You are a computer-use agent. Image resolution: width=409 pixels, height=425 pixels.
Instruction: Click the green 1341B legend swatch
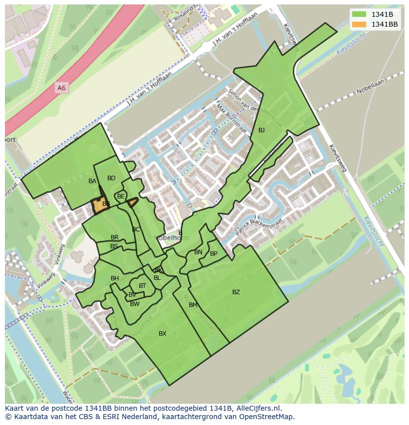359,14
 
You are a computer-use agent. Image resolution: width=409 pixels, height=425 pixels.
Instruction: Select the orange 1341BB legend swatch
359,24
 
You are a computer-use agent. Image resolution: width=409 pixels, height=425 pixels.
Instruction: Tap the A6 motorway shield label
61,88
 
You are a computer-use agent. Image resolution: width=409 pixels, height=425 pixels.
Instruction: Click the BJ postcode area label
261,130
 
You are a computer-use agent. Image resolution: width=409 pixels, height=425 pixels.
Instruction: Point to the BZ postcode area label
236,292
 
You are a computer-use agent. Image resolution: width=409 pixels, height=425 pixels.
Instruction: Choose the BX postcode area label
163,334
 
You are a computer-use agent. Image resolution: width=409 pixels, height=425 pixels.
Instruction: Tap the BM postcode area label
193,305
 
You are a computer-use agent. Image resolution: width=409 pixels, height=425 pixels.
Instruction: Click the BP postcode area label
213,254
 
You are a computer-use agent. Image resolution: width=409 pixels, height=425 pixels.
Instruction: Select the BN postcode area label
198,252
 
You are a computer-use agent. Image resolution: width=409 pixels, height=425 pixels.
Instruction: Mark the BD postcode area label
111,178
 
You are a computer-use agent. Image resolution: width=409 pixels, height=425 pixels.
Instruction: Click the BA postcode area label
92,181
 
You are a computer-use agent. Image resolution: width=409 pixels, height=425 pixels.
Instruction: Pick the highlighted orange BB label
106,204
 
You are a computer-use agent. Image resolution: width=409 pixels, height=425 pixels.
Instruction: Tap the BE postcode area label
121,196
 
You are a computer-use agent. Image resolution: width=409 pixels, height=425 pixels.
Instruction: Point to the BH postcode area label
115,278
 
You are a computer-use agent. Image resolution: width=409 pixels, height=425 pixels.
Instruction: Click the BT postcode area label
142,286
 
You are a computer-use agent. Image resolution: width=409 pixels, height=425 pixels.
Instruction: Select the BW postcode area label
135,304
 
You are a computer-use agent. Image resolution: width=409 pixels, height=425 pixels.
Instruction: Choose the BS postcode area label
114,246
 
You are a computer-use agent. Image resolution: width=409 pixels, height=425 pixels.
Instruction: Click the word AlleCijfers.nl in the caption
257,409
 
